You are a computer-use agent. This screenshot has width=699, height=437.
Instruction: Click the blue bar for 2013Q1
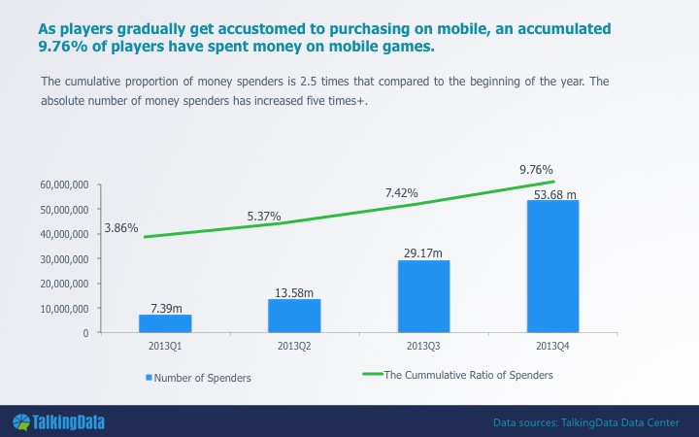pyautogui.click(x=165, y=323)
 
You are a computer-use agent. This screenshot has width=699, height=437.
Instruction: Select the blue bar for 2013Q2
pyautogui.click(x=294, y=316)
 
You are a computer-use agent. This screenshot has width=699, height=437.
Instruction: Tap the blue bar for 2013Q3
pyautogui.click(x=423, y=296)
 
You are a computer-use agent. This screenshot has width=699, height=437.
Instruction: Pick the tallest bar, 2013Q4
pyautogui.click(x=552, y=266)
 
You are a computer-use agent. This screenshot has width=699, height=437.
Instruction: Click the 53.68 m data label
pyautogui.click(x=555, y=194)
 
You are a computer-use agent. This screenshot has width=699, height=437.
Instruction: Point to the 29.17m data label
pyautogui.click(x=423, y=252)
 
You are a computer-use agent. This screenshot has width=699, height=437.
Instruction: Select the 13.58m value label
pyautogui.click(x=294, y=292)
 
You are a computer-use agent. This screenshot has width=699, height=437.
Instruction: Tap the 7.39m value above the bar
pyautogui.click(x=166, y=308)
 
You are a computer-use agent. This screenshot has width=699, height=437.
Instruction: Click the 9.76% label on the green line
pyautogui.click(x=536, y=169)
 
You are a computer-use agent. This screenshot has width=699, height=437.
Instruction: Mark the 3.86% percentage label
pyautogui.click(x=121, y=228)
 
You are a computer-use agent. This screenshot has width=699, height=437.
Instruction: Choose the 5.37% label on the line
pyautogui.click(x=264, y=217)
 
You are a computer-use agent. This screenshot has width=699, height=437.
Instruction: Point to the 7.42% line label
pyautogui.click(x=402, y=192)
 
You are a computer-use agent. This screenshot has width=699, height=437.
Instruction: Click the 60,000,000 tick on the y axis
pyautogui.click(x=64, y=185)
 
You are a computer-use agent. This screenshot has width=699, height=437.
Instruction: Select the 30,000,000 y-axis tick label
pyautogui.click(x=64, y=259)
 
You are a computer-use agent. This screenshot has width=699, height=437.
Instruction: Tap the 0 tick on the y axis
pyautogui.click(x=85, y=333)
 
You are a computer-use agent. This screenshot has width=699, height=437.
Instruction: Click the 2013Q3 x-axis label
pyautogui.click(x=423, y=346)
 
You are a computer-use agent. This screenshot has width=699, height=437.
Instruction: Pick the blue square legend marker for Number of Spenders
pyautogui.click(x=149, y=378)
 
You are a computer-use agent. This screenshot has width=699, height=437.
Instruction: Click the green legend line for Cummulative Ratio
pyautogui.click(x=373, y=374)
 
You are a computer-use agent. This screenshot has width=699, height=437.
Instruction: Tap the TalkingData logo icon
pyautogui.click(x=21, y=422)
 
